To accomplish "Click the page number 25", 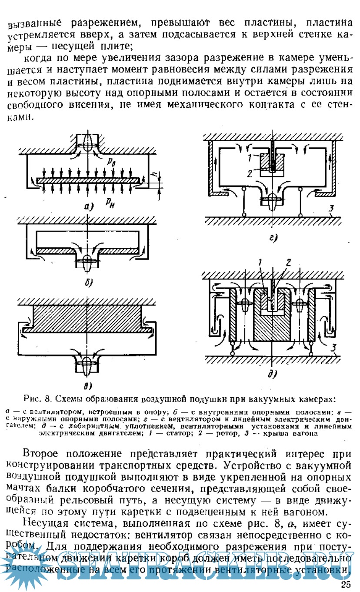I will coord(347,584).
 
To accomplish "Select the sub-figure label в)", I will coord(87,385).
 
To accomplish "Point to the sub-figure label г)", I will coord(273,238).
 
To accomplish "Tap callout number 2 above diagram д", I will coord(288,262).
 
